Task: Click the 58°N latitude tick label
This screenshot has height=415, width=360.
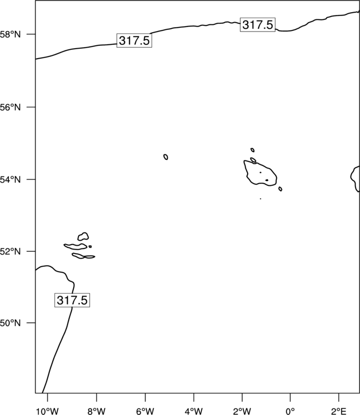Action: tap(10, 34)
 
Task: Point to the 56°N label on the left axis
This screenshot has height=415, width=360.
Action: tap(10, 107)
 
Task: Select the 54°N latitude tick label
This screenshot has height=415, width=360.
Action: tap(10, 180)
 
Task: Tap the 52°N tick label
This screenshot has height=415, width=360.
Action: tap(10, 251)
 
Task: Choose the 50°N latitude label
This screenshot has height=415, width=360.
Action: tap(10, 323)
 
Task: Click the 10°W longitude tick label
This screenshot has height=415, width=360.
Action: tap(48, 411)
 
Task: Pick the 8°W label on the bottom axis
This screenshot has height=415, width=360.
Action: tap(96, 411)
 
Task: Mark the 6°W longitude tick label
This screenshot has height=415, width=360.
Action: tap(145, 411)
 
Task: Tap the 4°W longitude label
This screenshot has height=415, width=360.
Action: tap(194, 411)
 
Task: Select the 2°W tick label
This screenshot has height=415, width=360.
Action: tap(242, 411)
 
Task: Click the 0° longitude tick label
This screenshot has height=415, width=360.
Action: tap(290, 411)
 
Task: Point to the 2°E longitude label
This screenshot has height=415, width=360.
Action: tap(338, 411)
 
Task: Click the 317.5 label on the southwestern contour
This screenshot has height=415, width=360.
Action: tap(72, 300)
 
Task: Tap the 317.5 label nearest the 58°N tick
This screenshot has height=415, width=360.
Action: tap(134, 40)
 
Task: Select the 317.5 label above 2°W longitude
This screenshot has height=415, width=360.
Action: tap(258, 24)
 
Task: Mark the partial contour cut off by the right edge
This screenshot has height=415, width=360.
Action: tap(351, 177)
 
